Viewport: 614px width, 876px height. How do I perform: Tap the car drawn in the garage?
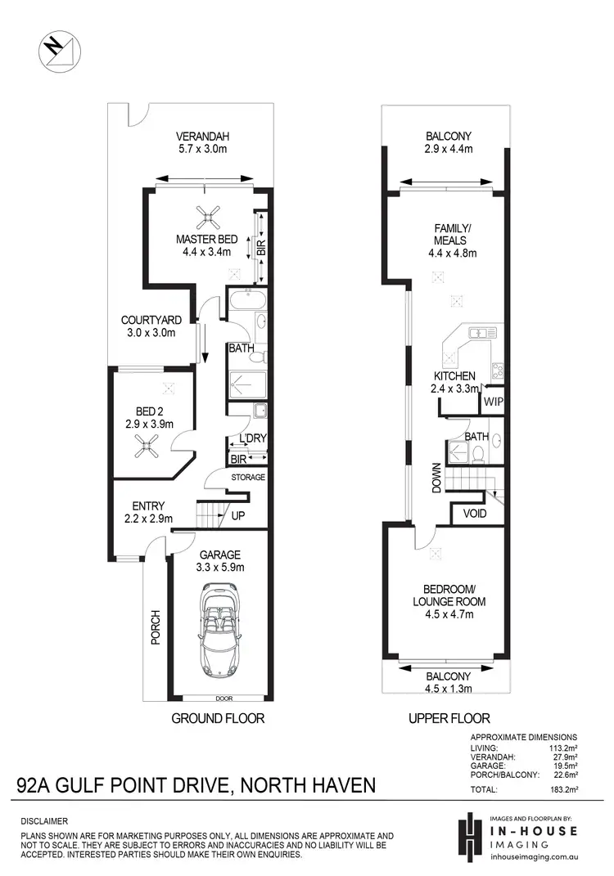click(x=218, y=628)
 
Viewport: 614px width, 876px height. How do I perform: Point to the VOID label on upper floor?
click(x=474, y=514)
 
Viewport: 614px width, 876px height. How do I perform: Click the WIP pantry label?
click(x=493, y=402)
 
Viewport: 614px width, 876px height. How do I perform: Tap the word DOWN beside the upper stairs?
click(x=436, y=478)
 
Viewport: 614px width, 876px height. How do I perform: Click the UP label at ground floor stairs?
click(x=238, y=517)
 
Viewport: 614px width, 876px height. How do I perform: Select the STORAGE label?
click(x=248, y=477)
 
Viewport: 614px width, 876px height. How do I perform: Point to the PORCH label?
click(x=156, y=627)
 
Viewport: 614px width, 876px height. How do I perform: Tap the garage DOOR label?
click(x=218, y=699)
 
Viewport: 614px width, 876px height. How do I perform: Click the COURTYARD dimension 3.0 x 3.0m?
click(x=145, y=335)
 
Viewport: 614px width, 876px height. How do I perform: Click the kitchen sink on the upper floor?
click(x=479, y=332)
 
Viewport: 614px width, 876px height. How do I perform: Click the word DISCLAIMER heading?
click(x=44, y=820)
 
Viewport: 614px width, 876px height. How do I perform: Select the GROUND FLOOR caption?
click(x=217, y=719)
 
